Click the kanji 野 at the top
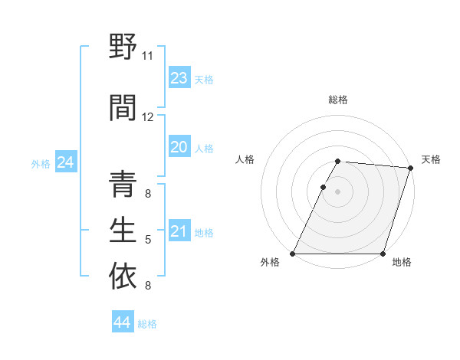(123, 48)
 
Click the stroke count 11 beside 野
(147, 56)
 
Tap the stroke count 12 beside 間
(148, 117)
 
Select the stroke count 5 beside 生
(148, 240)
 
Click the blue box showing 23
(179, 78)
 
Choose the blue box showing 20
(179, 147)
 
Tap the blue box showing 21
(179, 231)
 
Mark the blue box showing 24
(66, 162)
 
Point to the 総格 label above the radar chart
(338, 100)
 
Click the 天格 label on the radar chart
(431, 159)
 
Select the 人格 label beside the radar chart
(245, 159)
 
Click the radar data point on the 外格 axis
(293, 254)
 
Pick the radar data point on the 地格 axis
(383, 254)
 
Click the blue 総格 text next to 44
(148, 324)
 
